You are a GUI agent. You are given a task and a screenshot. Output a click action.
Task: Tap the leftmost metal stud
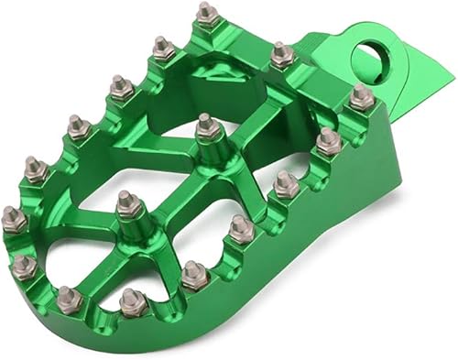pos(14,218)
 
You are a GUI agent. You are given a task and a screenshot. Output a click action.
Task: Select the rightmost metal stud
pos(361,95)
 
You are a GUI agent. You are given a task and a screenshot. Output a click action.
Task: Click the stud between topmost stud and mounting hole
pos(282,55)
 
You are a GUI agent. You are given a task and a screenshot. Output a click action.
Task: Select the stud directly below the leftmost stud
pos(24,266)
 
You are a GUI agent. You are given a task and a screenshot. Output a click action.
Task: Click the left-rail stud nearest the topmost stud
pos(163,47)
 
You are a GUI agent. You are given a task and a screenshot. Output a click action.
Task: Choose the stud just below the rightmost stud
pos(328,140)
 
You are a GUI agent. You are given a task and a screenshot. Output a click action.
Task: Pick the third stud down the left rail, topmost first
pos(120,87)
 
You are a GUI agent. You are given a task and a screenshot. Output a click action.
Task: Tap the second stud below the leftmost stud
pos(69,297)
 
